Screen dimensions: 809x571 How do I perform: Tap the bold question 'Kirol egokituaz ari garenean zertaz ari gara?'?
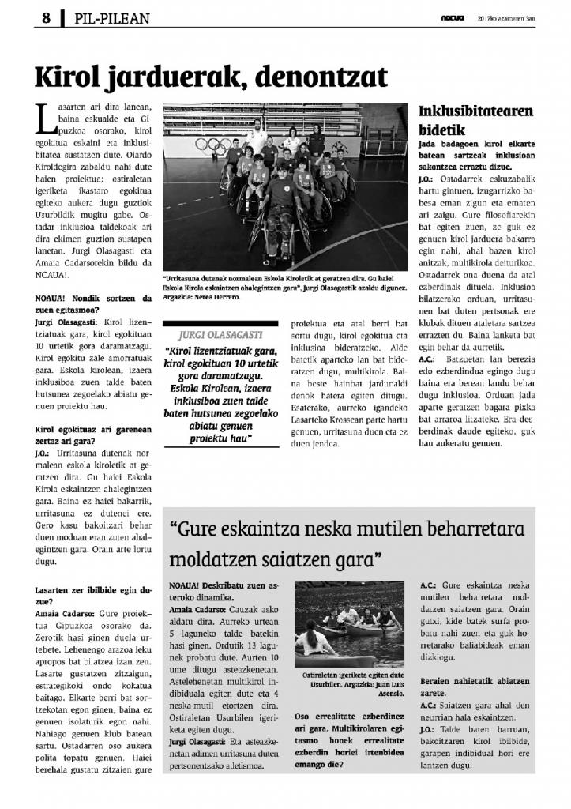point(93,435)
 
